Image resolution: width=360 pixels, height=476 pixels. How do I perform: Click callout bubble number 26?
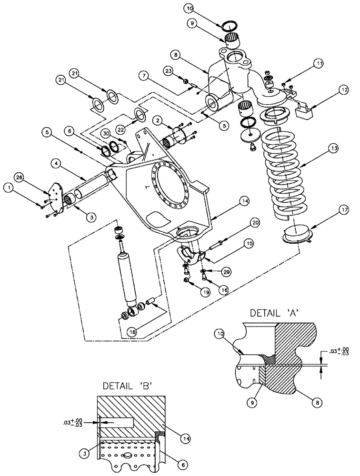[x=18, y=178]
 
